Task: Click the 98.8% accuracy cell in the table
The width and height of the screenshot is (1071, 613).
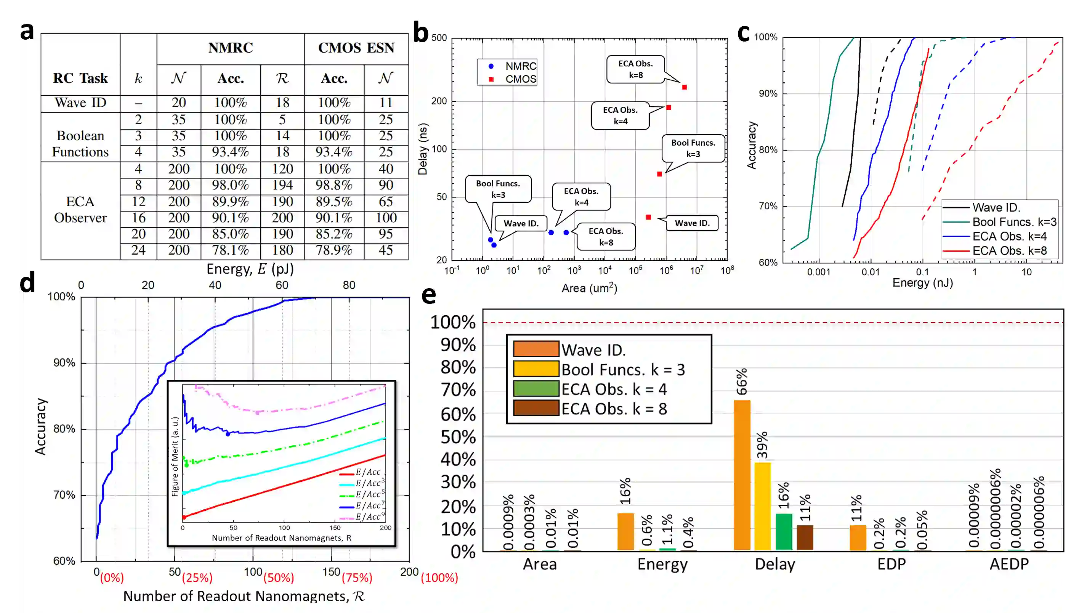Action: tap(334, 185)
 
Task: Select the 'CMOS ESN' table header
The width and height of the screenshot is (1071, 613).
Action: tap(356, 48)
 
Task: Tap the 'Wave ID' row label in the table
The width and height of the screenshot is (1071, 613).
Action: tap(80, 103)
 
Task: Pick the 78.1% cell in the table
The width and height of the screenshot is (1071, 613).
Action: tap(230, 250)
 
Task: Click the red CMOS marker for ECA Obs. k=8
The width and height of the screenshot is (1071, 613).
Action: tap(684, 87)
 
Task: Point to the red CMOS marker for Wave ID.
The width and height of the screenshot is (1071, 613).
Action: tap(648, 217)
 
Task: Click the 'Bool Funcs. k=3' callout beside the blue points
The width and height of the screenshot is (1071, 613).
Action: tap(498, 189)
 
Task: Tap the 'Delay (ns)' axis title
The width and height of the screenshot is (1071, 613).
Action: tap(423, 149)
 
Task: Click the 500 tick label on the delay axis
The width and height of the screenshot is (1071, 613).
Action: tap(439, 38)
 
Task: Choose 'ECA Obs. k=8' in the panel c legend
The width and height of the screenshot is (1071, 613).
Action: tap(1009, 251)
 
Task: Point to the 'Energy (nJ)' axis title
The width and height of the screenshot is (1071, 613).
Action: tap(922, 282)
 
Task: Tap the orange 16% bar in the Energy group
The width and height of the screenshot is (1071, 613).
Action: tap(625, 531)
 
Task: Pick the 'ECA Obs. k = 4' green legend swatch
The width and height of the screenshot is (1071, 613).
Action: tap(536, 388)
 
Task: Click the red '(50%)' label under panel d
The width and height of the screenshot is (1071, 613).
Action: tap(279, 578)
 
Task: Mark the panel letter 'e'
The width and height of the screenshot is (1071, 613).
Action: tap(428, 295)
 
